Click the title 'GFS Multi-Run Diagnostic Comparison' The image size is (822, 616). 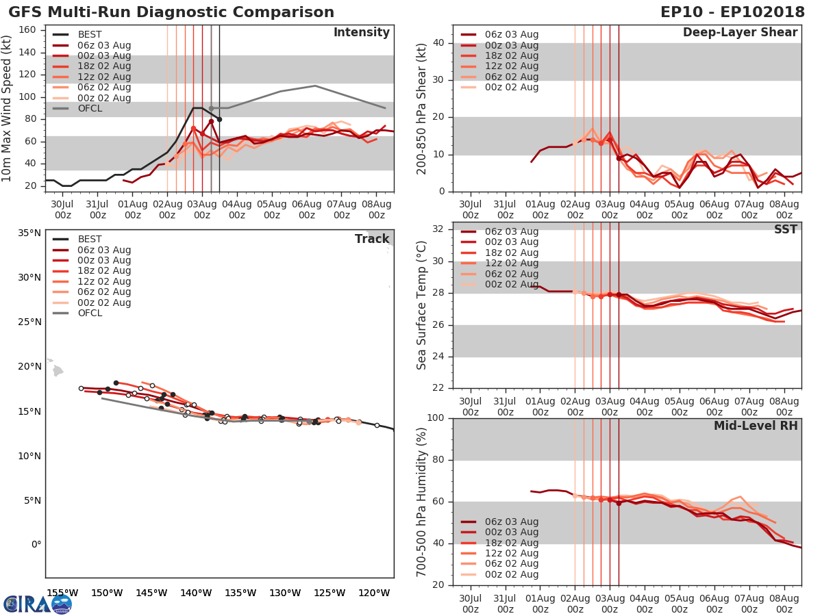[x=171, y=12]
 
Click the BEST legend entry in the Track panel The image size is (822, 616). [x=89, y=240]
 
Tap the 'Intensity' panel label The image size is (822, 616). [x=361, y=33]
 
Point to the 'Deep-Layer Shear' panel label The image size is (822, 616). [x=740, y=33]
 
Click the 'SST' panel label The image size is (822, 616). [x=785, y=230]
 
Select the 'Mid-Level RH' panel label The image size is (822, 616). [x=756, y=426]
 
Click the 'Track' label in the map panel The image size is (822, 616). [x=371, y=240]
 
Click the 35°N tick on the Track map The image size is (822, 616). [x=29, y=233]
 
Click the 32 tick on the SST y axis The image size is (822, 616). [x=438, y=229]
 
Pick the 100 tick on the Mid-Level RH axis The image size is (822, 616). [x=435, y=418]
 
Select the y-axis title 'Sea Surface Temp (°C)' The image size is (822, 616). [x=422, y=305]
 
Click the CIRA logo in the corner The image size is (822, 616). [x=37, y=604]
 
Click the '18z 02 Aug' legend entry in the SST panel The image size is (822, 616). [x=511, y=253]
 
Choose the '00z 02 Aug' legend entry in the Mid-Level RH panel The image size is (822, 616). [x=511, y=575]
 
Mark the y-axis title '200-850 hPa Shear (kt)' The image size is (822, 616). [x=422, y=108]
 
